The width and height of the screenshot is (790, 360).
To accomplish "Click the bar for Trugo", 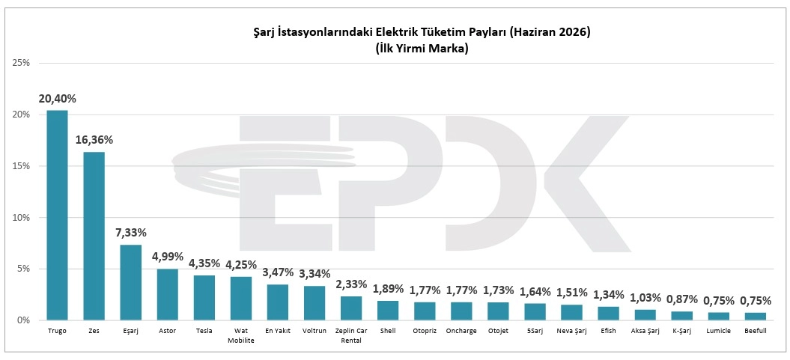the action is [57, 215].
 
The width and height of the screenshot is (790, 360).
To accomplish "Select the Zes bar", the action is [94, 237].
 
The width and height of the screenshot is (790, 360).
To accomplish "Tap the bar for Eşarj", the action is [130, 282].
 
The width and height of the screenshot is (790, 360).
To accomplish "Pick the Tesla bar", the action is [204, 298].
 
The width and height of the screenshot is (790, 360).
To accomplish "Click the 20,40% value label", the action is [57, 99].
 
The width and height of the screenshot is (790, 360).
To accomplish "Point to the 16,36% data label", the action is [94, 140].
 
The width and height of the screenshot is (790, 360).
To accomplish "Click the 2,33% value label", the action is [351, 284].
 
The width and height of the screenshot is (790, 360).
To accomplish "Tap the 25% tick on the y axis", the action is [22, 64].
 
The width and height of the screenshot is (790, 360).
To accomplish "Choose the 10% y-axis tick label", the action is [22, 218].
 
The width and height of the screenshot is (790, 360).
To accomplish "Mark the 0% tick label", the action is [24, 320].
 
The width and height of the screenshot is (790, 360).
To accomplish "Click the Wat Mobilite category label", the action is [241, 335].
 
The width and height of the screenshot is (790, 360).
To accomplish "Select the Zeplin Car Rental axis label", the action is [351, 335].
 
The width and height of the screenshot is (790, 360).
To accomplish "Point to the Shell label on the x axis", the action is [388, 332].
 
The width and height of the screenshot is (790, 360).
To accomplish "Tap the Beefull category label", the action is [756, 332].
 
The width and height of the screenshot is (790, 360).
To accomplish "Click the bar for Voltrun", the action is [315, 303].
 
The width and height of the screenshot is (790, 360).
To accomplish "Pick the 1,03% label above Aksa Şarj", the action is [645, 298].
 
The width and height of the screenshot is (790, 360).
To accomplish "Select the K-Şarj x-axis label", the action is [682, 332].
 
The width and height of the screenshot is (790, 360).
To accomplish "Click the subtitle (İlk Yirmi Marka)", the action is [421, 49].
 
